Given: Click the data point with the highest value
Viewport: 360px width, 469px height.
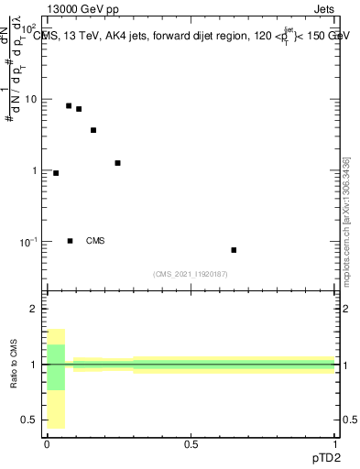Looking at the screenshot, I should (69, 106).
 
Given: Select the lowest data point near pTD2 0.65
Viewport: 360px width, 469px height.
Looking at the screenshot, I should (234, 250).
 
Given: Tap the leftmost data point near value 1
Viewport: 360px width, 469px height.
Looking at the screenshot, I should (56, 173).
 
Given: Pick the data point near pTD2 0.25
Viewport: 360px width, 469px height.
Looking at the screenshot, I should (117, 163).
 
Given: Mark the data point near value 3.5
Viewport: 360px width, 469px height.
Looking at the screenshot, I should (93, 130).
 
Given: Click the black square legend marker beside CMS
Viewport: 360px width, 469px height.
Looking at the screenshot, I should (70, 241).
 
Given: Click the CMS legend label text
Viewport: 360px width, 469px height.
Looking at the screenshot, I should (95, 241).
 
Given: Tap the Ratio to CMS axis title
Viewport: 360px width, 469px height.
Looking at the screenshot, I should (15, 365).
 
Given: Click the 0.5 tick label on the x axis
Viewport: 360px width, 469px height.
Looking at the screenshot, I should (191, 444).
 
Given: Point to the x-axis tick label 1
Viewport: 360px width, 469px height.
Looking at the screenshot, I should (335, 444).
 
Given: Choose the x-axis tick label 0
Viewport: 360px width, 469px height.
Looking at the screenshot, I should (47, 444).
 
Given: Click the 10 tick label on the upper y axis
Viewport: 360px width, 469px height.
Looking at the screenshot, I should (30, 99).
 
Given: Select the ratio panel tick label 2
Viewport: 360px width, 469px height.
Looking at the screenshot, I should (33, 310).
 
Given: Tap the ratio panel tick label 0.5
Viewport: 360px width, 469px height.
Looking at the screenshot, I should (28, 420).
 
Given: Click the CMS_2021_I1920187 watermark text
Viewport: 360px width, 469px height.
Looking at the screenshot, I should (191, 273).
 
